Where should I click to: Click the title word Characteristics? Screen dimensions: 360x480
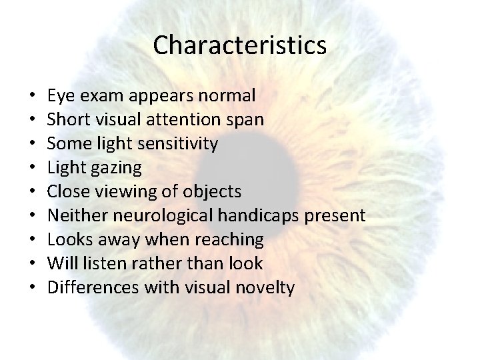[x=239, y=45]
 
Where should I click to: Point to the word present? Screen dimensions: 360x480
[x=341, y=216]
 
